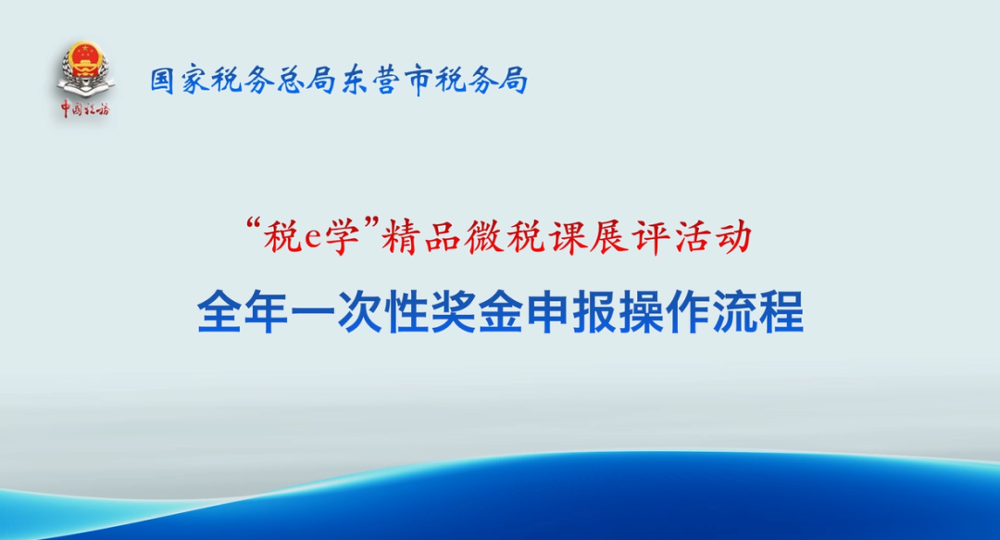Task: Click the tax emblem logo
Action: (85, 69)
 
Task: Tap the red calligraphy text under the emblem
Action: (85, 109)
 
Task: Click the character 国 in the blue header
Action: (163, 82)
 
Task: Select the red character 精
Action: (400, 237)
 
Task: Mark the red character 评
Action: (650, 237)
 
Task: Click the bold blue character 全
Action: (219, 312)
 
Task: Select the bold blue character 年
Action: (266, 312)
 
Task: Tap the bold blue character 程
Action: (781, 312)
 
